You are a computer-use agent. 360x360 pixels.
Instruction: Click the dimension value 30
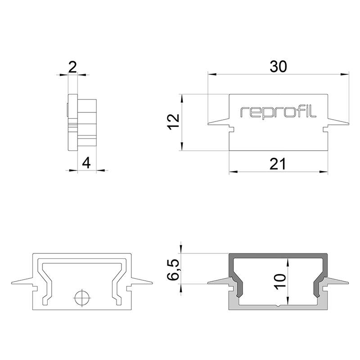[x=278, y=67]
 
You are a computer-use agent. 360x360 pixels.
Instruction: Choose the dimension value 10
[x=280, y=284]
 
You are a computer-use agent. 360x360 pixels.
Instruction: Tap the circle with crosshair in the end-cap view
[x=82, y=297]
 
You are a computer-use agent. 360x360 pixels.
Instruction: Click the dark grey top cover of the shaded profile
[x=278, y=256]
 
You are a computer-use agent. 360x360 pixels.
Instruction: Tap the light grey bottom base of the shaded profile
[x=278, y=307]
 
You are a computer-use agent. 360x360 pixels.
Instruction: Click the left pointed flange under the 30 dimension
[x=211, y=123]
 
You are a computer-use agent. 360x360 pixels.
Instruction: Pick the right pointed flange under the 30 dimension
[x=346, y=123]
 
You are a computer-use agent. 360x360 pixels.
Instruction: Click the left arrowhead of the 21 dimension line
[x=232, y=171]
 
